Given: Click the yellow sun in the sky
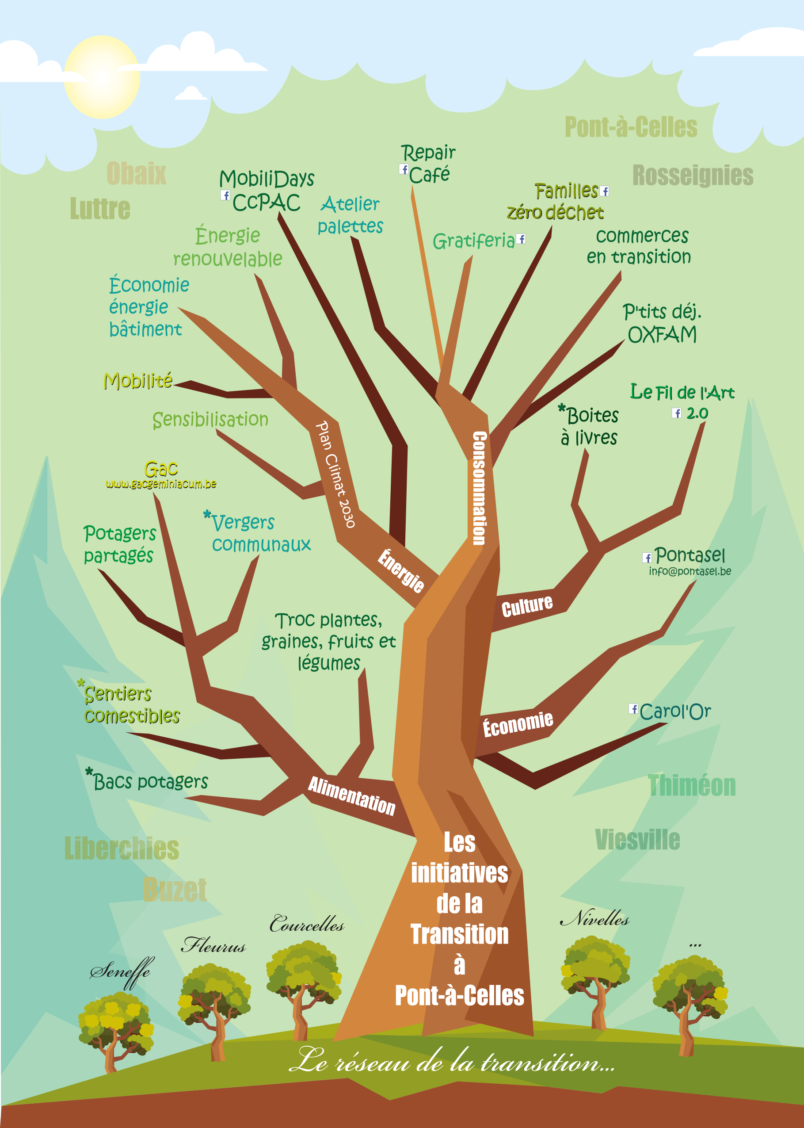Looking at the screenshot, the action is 102,77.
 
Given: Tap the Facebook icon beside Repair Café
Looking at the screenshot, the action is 404,169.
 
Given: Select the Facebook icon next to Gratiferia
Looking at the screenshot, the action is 520,239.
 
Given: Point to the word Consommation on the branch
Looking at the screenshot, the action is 479,488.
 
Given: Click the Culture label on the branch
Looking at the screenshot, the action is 527,606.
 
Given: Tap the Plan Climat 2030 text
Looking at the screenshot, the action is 335,474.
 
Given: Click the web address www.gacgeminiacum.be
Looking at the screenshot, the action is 161,484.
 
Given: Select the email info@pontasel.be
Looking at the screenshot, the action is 690,571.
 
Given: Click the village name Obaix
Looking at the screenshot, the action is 136,173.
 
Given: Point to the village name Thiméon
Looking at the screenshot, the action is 692,785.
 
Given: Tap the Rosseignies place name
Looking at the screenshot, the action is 693,175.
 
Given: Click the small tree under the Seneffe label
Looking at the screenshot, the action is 115,1030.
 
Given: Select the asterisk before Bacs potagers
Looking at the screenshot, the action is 89,772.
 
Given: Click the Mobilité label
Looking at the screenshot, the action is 137,380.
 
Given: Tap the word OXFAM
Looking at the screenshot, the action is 662,335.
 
